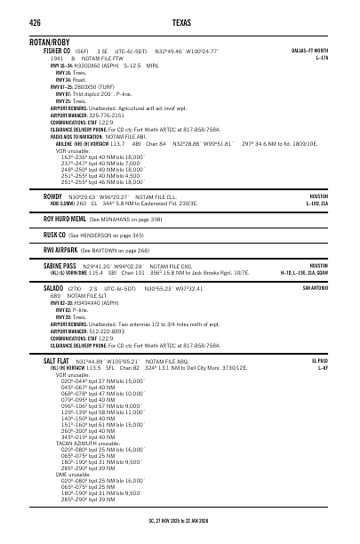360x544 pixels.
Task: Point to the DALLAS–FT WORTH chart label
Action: [309, 51]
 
